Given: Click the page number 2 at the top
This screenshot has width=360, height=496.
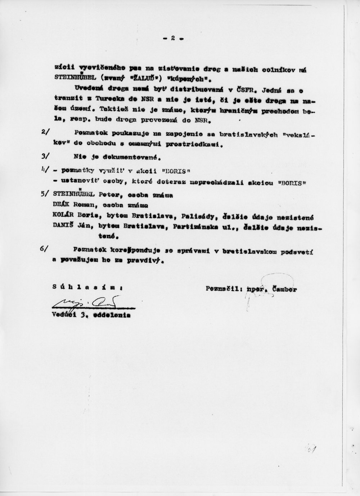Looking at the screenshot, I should (x=172, y=38).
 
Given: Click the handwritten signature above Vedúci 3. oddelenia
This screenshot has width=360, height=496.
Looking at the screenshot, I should (x=92, y=304).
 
